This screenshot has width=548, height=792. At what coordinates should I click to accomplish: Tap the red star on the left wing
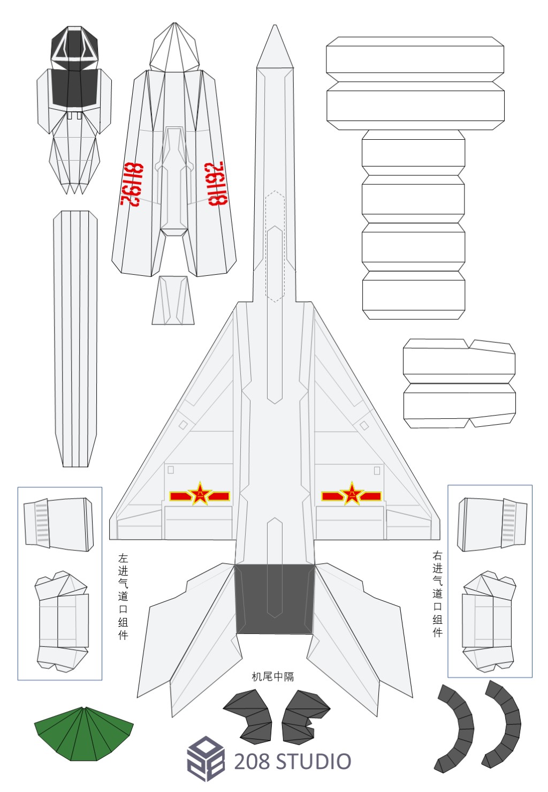coord(200,494)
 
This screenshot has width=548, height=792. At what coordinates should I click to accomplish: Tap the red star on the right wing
coord(352,494)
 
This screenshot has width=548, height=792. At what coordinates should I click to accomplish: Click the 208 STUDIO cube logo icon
coord(205,759)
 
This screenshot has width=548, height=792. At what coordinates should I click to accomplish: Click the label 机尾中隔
coord(273,677)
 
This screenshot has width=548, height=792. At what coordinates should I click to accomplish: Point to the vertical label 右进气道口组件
coord(438,594)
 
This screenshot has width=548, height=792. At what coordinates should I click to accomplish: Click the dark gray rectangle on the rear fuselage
coord(275,599)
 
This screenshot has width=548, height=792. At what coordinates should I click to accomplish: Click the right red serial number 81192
coord(217,184)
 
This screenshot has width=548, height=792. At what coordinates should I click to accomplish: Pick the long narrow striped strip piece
coord(75,337)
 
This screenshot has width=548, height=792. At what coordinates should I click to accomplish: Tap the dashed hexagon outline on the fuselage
coord(275,246)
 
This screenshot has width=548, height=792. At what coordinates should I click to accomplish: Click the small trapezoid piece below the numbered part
coord(173,300)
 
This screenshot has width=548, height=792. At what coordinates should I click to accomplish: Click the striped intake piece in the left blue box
coord(59,524)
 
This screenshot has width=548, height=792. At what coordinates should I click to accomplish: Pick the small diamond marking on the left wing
coord(183,425)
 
